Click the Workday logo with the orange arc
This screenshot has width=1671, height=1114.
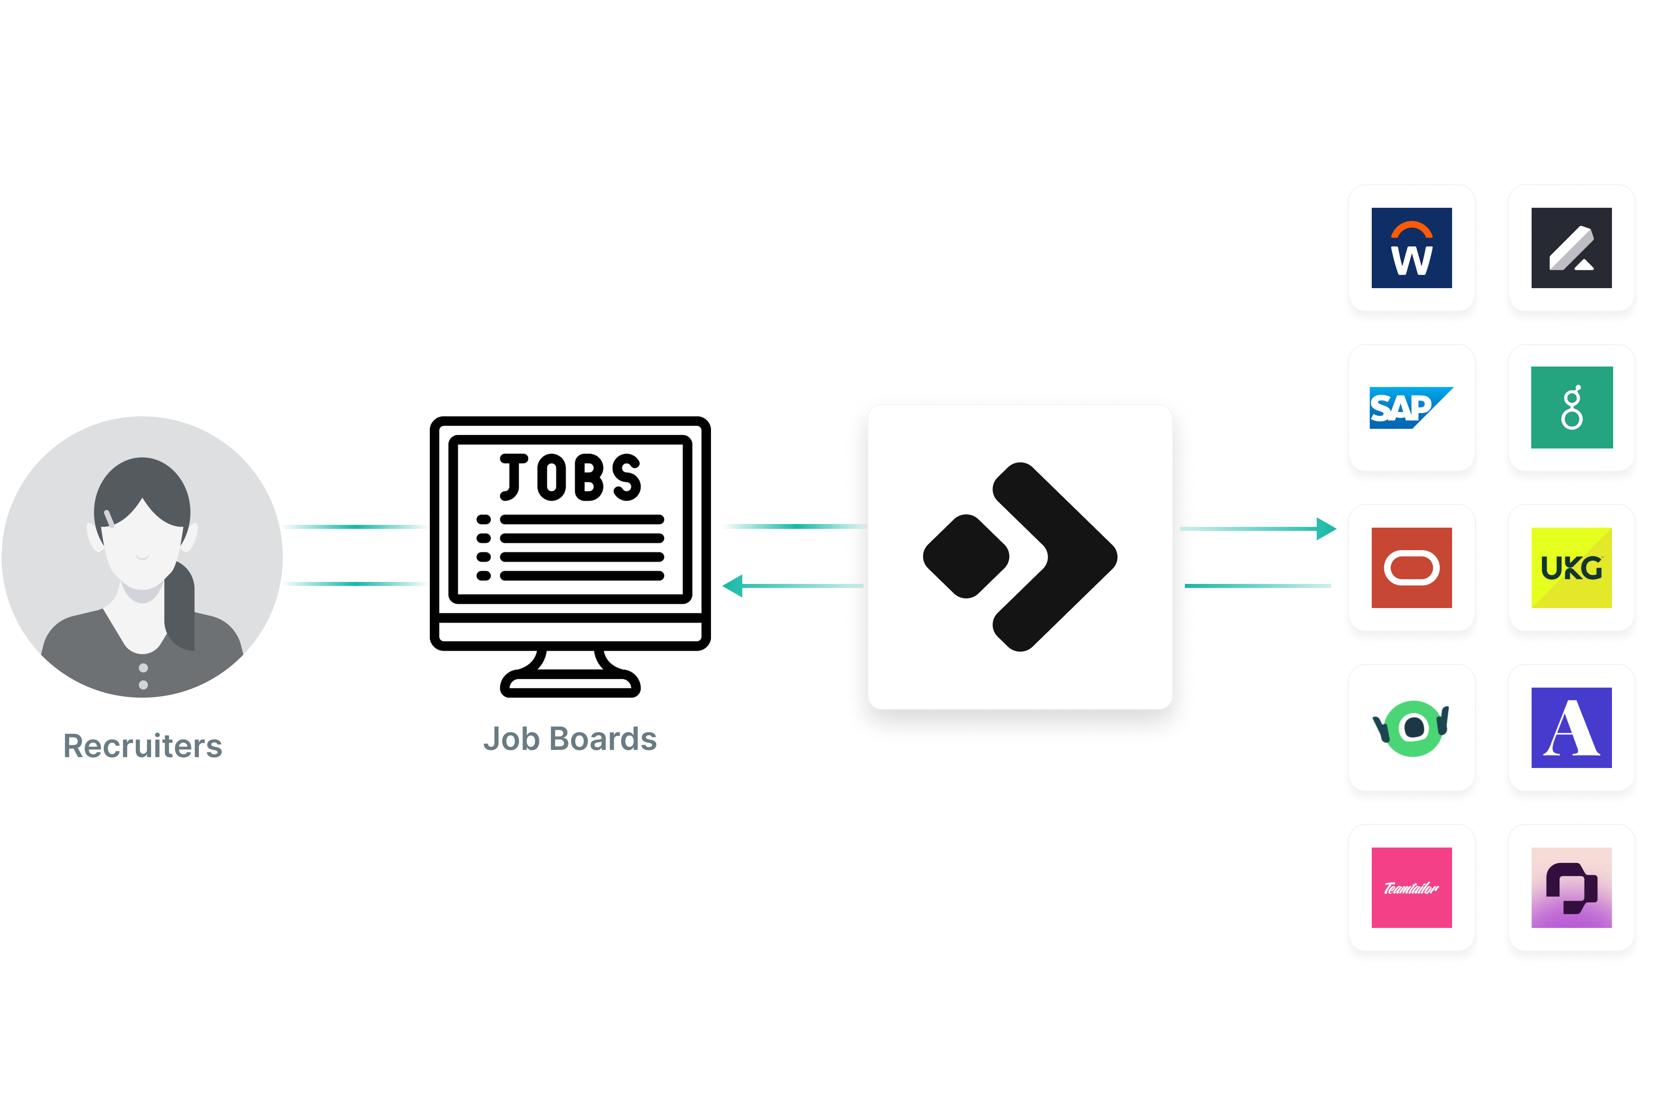click(1411, 248)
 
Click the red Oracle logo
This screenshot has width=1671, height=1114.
click(1411, 568)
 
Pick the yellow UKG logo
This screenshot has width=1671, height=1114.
click(1571, 568)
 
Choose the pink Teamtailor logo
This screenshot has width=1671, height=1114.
click(1411, 887)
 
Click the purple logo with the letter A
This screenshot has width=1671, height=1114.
click(1571, 727)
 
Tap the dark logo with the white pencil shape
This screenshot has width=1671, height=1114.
click(1571, 248)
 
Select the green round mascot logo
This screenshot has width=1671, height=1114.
click(1411, 727)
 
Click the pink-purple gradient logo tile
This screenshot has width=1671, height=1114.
click(1571, 887)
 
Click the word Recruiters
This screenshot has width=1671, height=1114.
click(143, 746)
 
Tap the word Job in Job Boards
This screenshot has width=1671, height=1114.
click(511, 739)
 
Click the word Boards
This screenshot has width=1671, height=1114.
click(604, 739)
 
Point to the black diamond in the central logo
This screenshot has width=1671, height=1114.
click(966, 556)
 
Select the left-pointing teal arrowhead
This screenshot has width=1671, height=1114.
click(733, 586)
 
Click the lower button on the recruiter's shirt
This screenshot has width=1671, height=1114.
click(143, 685)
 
